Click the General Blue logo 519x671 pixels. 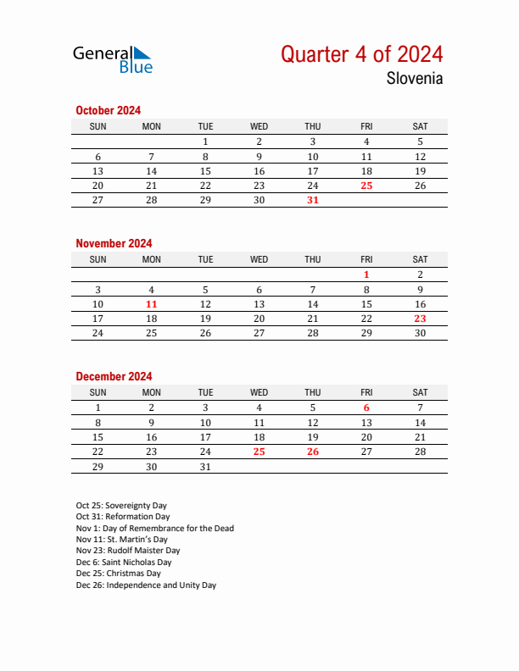point(113,58)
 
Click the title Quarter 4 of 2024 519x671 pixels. point(361,54)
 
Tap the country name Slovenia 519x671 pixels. point(415,79)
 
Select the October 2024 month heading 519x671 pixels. point(108,110)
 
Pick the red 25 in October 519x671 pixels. point(366,186)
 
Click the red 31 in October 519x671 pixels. point(313,200)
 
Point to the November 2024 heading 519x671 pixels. point(114,243)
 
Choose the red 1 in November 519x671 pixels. point(366,274)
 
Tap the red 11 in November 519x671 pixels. point(152,304)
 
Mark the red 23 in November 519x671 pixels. point(420,319)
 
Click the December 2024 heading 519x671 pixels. point(114,376)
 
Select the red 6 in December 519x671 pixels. point(366,408)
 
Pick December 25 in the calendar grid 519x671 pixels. point(259,452)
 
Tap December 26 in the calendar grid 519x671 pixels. point(313,452)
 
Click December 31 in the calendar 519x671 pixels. point(205,466)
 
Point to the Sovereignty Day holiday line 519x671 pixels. point(121,505)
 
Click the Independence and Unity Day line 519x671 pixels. point(146,585)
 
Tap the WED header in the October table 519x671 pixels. point(259,126)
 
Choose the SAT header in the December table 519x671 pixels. point(420,392)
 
